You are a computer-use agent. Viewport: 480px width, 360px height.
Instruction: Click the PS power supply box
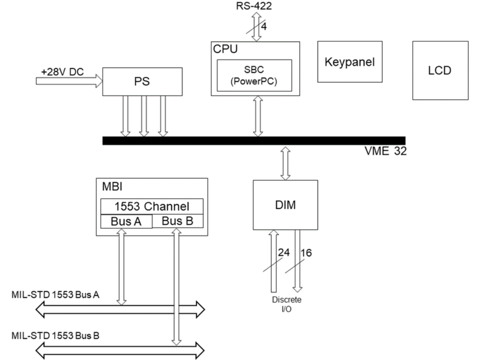pos(143,81)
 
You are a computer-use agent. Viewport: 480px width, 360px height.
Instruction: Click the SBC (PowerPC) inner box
pos(257,75)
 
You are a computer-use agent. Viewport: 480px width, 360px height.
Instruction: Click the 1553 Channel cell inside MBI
pos(152,206)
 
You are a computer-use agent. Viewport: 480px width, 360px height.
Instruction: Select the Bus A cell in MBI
pos(125,221)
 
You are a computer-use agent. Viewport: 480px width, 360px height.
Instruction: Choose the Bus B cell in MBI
pos(178,221)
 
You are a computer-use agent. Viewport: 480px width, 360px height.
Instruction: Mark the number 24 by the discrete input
pos(283,253)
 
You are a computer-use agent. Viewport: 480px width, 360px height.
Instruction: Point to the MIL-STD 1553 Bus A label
pos(57,296)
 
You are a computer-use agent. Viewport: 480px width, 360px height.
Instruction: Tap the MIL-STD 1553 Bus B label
pos(56,335)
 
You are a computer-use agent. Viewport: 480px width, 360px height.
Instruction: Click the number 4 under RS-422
pos(265,27)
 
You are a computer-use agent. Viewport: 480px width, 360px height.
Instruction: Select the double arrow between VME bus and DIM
pos(286,162)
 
